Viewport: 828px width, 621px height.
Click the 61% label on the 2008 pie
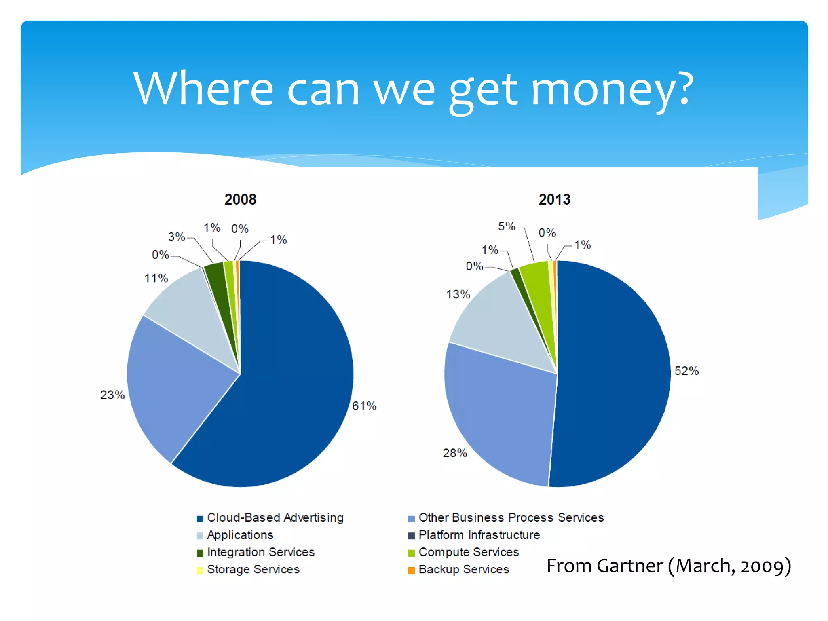364,406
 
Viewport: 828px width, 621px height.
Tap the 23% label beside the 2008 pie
112,395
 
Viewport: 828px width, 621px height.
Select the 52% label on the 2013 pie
686,371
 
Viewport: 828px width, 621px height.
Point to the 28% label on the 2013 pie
455,453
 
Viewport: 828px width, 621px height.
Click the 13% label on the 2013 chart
458,294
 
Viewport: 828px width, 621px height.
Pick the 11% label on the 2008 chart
156,278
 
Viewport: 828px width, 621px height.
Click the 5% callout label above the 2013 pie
507,226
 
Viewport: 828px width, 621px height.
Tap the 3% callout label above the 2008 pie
176,237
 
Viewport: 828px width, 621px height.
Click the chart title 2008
240,199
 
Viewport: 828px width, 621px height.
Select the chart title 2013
554,199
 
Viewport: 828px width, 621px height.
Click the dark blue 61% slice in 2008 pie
283,384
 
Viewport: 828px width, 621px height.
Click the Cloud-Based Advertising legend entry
275,517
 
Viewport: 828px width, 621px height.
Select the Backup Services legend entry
463,569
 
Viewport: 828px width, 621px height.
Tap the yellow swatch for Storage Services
200,570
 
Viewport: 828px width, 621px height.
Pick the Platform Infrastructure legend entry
479,535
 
